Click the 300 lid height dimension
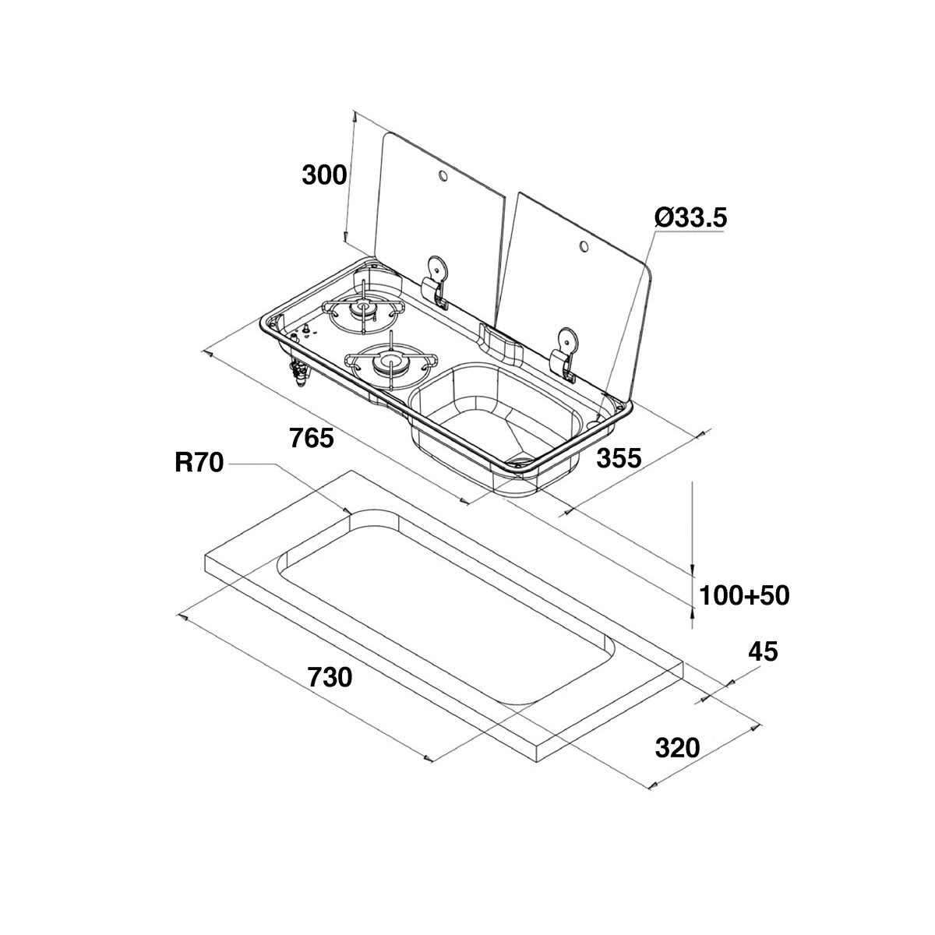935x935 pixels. tap(324, 175)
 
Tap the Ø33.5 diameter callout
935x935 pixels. tap(690, 219)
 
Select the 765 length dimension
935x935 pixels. tap(311, 438)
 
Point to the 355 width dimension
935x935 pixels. tap(619, 458)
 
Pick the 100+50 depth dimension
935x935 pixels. tap(744, 596)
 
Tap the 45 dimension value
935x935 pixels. tap(763, 651)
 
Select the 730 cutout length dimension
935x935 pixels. tap(330, 678)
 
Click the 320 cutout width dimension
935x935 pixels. tap(677, 749)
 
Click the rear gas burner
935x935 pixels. tap(362, 312)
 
